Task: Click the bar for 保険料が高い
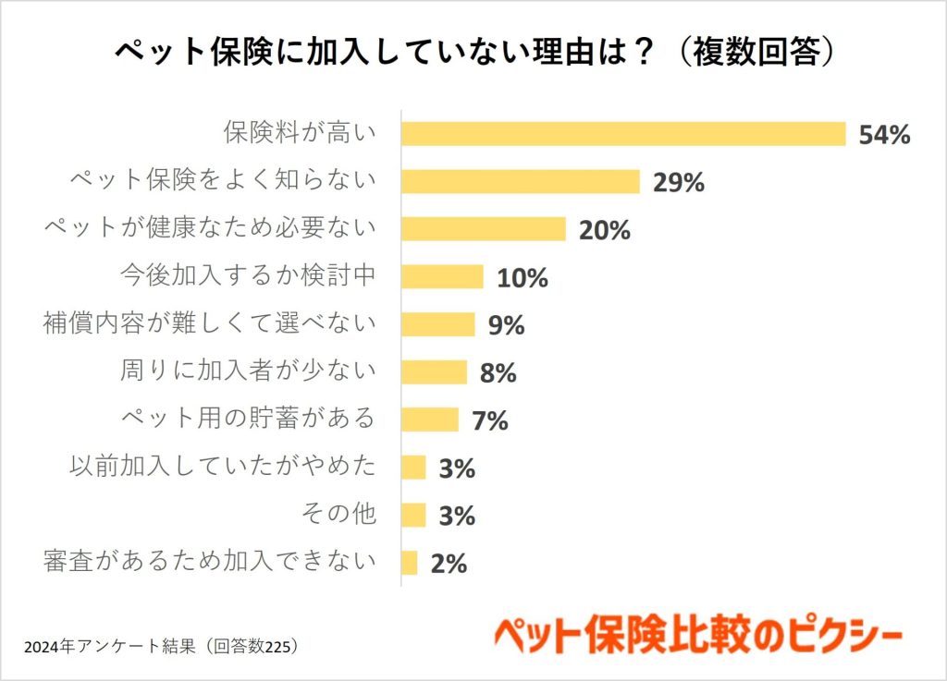point(623,134)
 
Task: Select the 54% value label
point(885,135)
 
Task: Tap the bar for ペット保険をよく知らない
point(521,182)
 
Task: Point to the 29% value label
point(679,183)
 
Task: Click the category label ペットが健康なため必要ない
point(211,228)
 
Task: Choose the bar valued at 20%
point(483,229)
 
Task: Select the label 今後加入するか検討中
point(249,275)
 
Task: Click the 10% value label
point(522,278)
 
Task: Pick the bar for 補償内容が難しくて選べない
point(438,324)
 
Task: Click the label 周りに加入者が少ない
point(249,371)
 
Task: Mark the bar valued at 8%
point(435,372)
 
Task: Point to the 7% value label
point(490,421)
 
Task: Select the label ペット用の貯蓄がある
point(249,419)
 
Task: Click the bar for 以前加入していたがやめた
point(413,468)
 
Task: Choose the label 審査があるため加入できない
point(211,561)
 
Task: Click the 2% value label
point(449,564)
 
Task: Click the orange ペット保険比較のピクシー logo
point(698,637)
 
